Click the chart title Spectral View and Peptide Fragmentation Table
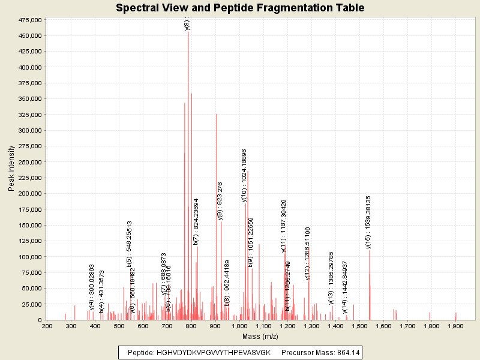click(240, 8)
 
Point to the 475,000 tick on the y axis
click(28, 20)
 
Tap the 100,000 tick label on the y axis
click(28, 257)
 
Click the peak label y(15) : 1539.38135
click(368, 222)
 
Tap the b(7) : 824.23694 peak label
click(196, 221)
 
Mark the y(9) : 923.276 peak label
click(220, 201)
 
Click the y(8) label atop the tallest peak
click(187, 25)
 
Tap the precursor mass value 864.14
click(348, 352)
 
